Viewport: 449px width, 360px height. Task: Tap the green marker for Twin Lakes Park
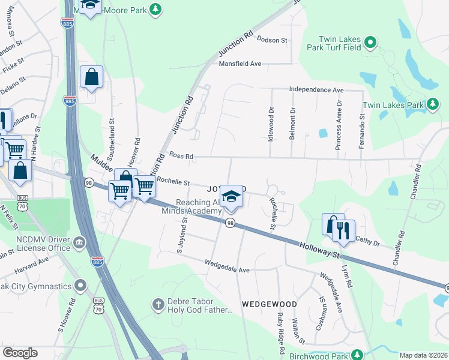tap(432, 104)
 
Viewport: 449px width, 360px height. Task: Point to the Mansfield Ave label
tap(240, 63)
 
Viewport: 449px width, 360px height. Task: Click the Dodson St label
tap(272, 40)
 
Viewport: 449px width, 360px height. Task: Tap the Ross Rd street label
tap(181, 156)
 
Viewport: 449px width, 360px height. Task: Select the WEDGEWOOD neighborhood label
tap(270, 304)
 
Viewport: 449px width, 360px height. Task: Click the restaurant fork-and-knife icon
tap(343, 230)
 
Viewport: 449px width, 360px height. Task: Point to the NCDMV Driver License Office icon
tap(79, 243)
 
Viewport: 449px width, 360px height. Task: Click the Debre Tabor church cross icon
tap(158, 304)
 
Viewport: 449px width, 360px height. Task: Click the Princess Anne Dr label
tap(339, 125)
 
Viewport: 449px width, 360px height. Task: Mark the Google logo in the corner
tap(20, 353)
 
